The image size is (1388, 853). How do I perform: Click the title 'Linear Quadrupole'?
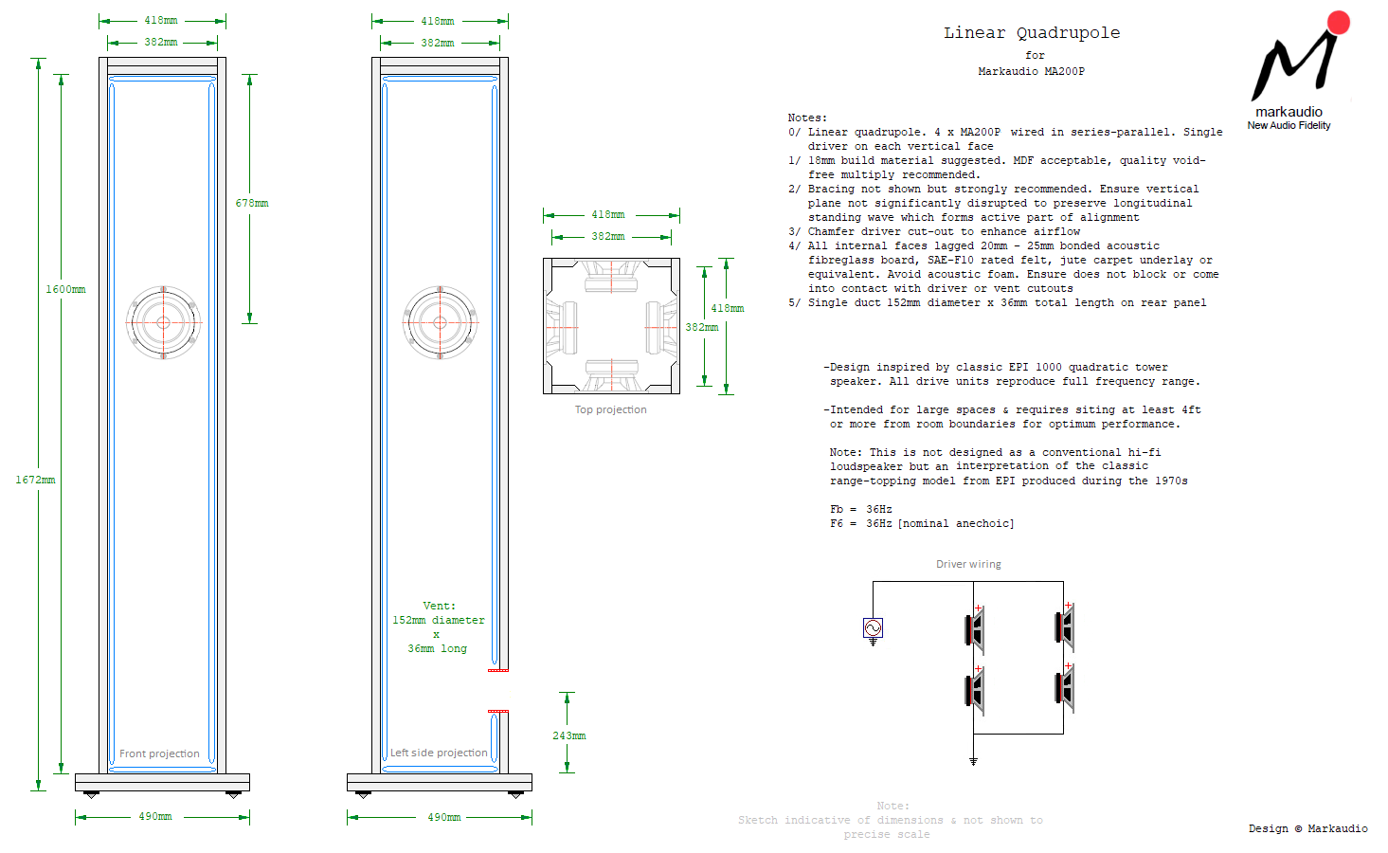(x=1031, y=33)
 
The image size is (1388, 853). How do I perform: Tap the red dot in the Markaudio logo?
(x=1338, y=23)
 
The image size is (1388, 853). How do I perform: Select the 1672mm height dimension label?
(x=35, y=481)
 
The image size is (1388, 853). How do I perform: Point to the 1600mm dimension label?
(x=65, y=290)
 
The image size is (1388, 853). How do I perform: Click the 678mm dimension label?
(x=252, y=204)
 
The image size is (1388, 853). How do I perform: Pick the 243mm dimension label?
(x=568, y=736)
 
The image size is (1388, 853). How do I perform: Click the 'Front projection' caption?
(x=159, y=754)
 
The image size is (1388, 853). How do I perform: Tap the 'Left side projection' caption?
(x=439, y=753)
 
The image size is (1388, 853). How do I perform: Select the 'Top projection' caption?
(x=610, y=410)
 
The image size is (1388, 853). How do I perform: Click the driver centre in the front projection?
(x=163, y=323)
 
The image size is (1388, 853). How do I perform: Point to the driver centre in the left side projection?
(x=440, y=323)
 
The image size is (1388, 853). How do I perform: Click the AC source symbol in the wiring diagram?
(x=873, y=627)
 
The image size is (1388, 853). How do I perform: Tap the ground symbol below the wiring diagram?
(x=973, y=761)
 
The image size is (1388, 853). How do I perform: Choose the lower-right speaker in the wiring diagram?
(x=1066, y=689)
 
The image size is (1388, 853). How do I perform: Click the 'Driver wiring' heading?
(x=968, y=565)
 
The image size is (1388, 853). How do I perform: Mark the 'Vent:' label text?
(x=439, y=607)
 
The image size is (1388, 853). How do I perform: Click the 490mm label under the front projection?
(x=155, y=817)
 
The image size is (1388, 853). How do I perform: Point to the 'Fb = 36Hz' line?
(x=860, y=510)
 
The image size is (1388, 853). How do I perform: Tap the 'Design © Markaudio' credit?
(x=1307, y=829)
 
